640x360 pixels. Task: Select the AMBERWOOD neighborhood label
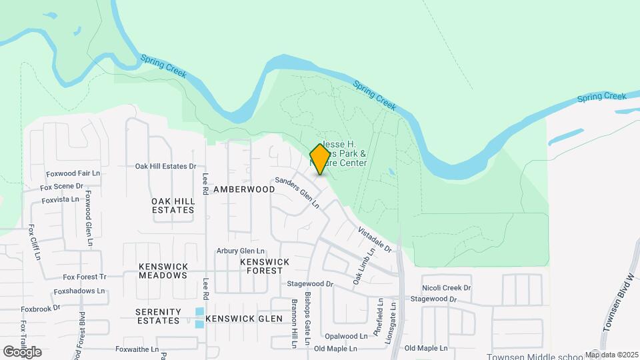point(244,189)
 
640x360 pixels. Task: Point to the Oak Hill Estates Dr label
point(166,166)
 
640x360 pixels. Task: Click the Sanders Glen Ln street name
point(297,193)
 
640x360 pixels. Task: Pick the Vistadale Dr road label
point(375,239)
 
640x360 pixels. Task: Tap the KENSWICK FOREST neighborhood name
point(265,267)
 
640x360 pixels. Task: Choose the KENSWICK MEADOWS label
point(163,271)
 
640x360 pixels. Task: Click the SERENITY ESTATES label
point(158,316)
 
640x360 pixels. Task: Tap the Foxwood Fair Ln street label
point(73,173)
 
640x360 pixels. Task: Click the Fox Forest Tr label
point(85,277)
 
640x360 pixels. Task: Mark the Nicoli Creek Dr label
point(446,288)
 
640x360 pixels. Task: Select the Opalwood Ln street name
point(346,337)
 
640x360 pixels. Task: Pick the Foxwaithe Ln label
point(137,349)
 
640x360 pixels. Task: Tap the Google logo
point(23,352)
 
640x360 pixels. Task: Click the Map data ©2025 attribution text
point(612,355)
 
